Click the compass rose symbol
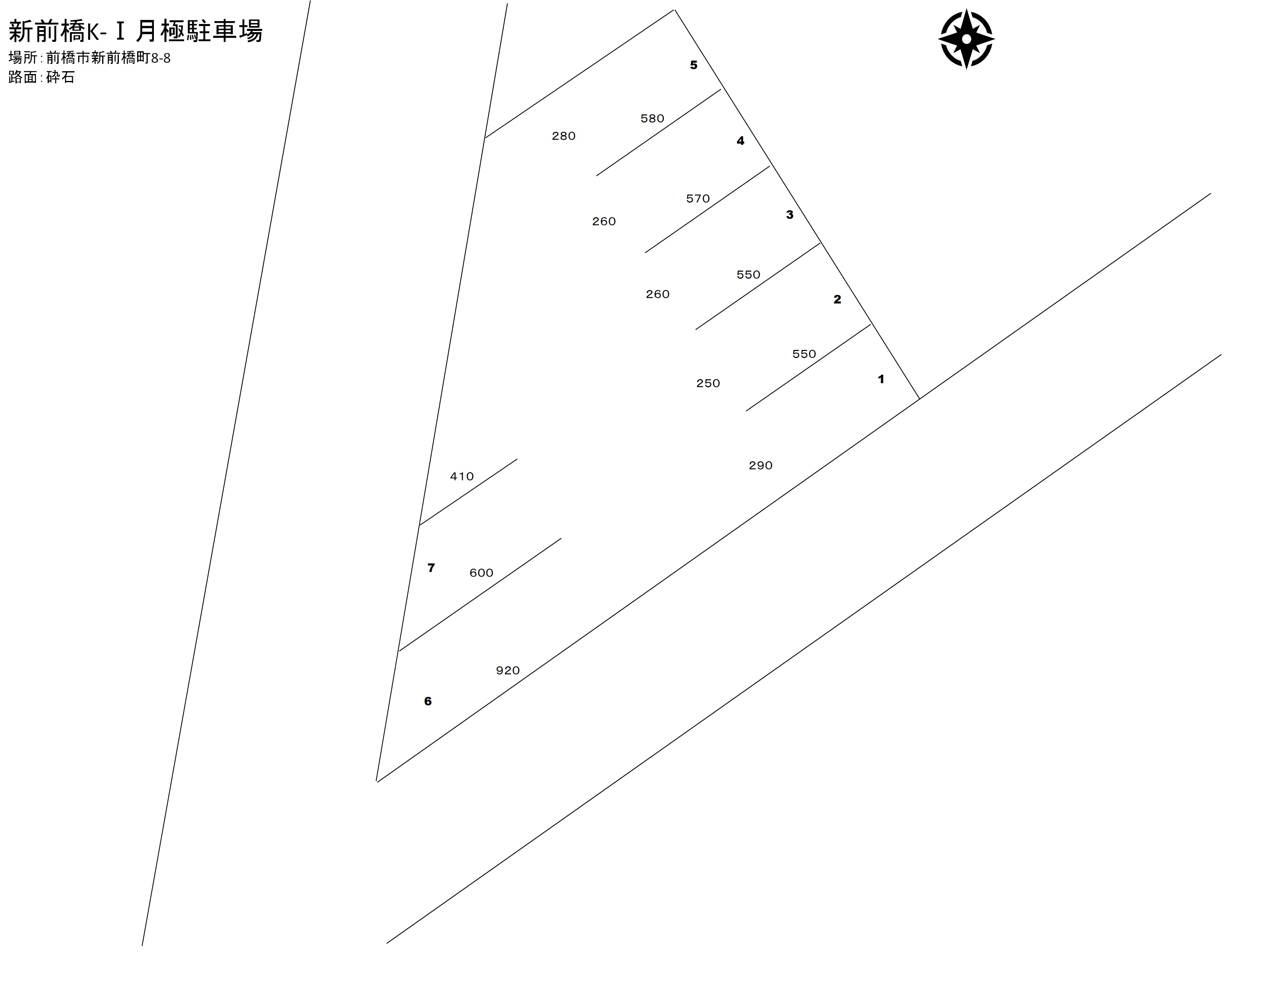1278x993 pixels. pyautogui.click(x=966, y=39)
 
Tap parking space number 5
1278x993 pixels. pyautogui.click(x=694, y=65)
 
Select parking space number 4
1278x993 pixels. pyautogui.click(x=740, y=140)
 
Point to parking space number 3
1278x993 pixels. pyautogui.click(x=789, y=215)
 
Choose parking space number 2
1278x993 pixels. pyautogui.click(x=837, y=299)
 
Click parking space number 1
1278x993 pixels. pyautogui.click(x=881, y=379)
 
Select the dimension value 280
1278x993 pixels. pyautogui.click(x=564, y=136)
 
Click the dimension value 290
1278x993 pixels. pyautogui.click(x=760, y=465)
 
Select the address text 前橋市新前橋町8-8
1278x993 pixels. pyautogui.click(x=108, y=58)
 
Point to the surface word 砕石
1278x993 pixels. pyautogui.click(x=60, y=77)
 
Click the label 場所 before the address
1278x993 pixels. pyautogui.click(x=23, y=58)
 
